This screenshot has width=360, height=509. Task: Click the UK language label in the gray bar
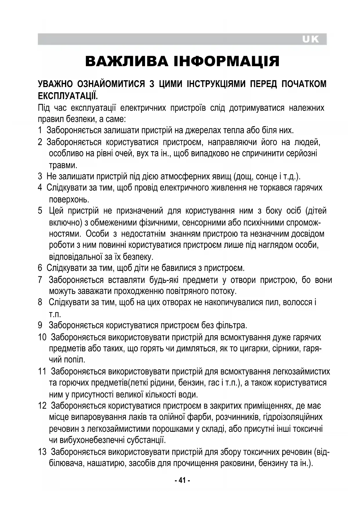pos(310,39)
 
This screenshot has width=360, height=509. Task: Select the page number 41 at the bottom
pos(182,480)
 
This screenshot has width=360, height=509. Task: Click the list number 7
pos(40,280)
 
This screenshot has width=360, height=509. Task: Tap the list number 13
pos(42,452)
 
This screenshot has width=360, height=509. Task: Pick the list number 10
pos(42,337)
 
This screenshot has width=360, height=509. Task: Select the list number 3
pos(40,176)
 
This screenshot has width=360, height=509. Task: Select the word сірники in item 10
pos(284,348)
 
